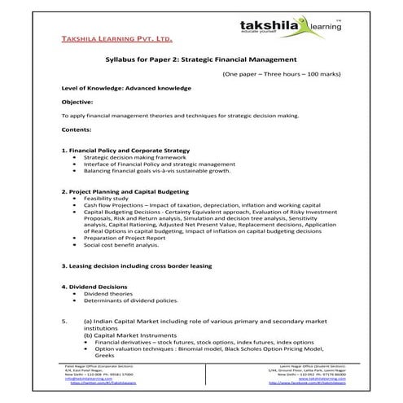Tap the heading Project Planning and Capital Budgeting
tap(129, 191)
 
